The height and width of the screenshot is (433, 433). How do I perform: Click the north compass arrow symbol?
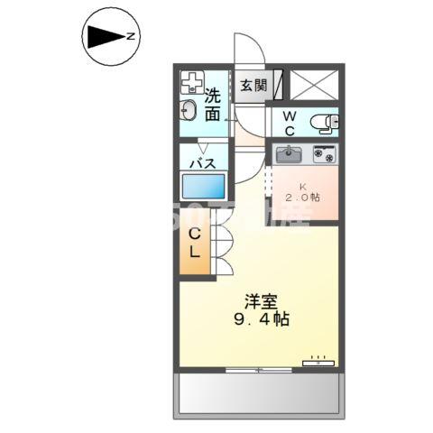(x=104, y=37)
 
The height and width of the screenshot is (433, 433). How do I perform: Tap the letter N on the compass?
(x=131, y=37)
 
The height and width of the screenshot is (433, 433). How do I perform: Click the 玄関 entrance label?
(x=253, y=87)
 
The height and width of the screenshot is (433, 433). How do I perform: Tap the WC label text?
(x=290, y=123)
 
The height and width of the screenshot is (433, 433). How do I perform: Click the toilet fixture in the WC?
(x=322, y=122)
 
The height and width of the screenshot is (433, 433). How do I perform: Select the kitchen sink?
(x=290, y=154)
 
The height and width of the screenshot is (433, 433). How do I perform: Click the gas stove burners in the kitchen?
(x=324, y=154)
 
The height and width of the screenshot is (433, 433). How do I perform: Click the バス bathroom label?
(x=201, y=162)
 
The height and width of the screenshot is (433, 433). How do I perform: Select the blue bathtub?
(x=204, y=188)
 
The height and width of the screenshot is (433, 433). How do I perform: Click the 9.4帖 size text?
(x=259, y=319)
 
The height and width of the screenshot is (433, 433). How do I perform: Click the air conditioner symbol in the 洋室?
(x=318, y=362)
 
